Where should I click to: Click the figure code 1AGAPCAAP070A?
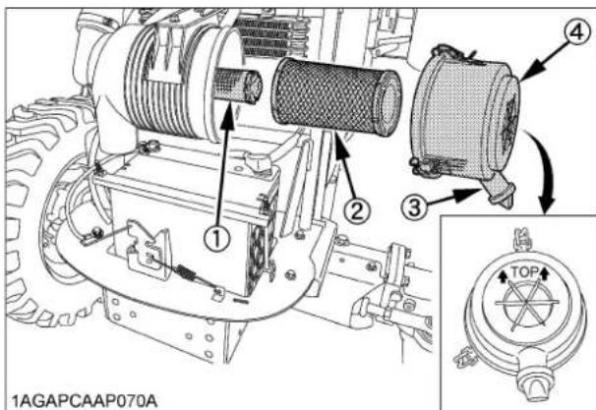click(x=72, y=396)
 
